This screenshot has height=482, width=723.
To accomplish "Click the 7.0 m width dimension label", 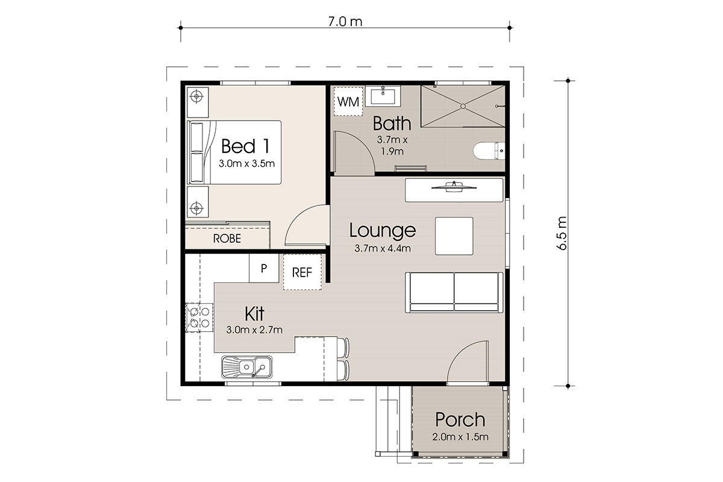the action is [345, 22].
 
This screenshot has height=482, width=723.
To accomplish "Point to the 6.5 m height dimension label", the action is [562, 233].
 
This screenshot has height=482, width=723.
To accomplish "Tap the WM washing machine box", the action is [348, 101].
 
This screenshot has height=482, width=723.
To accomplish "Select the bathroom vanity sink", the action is [383, 96].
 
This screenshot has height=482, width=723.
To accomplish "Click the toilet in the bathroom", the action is [489, 151].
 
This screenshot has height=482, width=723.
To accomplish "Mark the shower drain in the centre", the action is [463, 106].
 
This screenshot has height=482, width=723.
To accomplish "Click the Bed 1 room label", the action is [245, 146].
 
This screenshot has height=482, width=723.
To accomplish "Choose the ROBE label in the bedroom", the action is [227, 239].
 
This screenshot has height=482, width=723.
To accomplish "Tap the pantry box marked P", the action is [264, 268].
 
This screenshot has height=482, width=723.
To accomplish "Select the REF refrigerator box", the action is [302, 272].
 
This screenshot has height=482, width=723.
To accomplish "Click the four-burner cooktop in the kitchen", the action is [199, 318].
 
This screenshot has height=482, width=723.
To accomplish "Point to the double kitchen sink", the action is [247, 367].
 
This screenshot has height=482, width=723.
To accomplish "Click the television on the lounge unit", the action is [454, 187].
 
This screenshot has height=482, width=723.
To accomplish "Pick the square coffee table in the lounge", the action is [454, 236].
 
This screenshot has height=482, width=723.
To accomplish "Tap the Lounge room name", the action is [383, 231].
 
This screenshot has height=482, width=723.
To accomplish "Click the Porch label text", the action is [460, 419].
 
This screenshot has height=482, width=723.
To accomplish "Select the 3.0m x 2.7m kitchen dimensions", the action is [254, 330].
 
